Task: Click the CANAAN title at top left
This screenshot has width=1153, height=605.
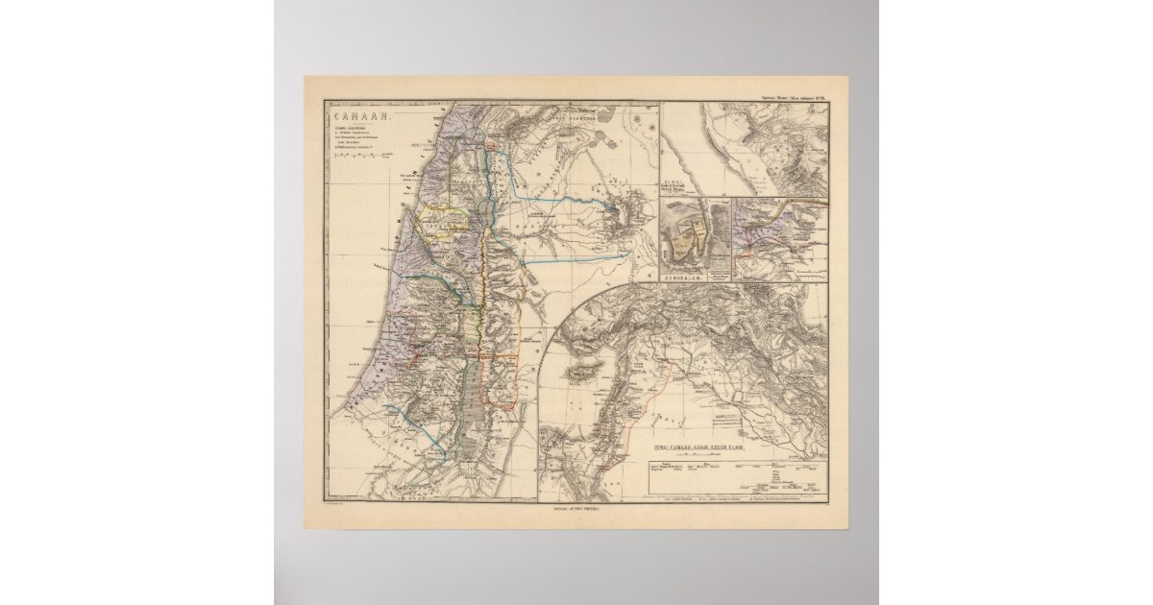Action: pos(345,115)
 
